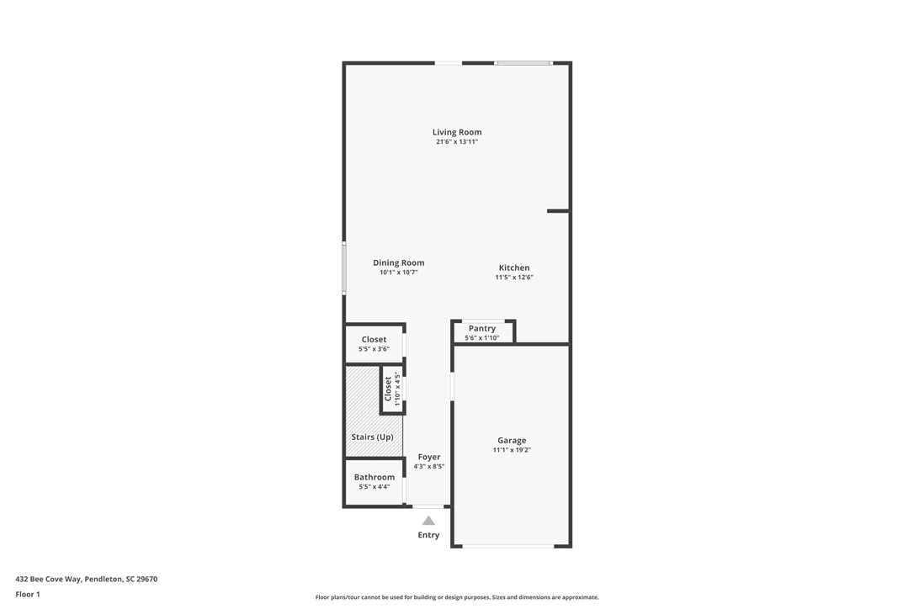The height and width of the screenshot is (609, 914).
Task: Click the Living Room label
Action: coord(457,132)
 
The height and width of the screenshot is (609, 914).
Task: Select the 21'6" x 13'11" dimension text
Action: coord(457,142)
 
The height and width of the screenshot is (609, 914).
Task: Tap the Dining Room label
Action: coord(398,262)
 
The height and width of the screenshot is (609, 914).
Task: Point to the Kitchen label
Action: coord(513,267)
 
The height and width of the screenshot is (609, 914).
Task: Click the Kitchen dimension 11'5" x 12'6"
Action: coord(513,278)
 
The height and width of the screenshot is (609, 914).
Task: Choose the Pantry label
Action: coord(481,328)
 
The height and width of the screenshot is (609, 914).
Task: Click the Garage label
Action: coord(512,440)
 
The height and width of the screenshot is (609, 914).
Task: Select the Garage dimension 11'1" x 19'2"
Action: coord(512,450)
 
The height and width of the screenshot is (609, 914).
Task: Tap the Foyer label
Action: coord(428,457)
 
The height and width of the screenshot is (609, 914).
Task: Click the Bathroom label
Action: coord(374,477)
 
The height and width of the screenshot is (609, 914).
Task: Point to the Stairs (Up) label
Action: coord(372,437)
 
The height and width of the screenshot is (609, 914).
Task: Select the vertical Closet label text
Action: coord(388,389)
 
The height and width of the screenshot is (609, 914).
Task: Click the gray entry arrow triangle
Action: coord(428,521)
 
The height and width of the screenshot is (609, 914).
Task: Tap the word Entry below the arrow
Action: coord(428,535)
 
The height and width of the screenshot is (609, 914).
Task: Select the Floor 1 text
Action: coord(27,594)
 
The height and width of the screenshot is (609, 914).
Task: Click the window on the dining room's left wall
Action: coord(343,268)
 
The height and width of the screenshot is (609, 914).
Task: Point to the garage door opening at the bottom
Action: coord(507,547)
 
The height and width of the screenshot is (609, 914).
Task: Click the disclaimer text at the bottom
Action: coord(457,597)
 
